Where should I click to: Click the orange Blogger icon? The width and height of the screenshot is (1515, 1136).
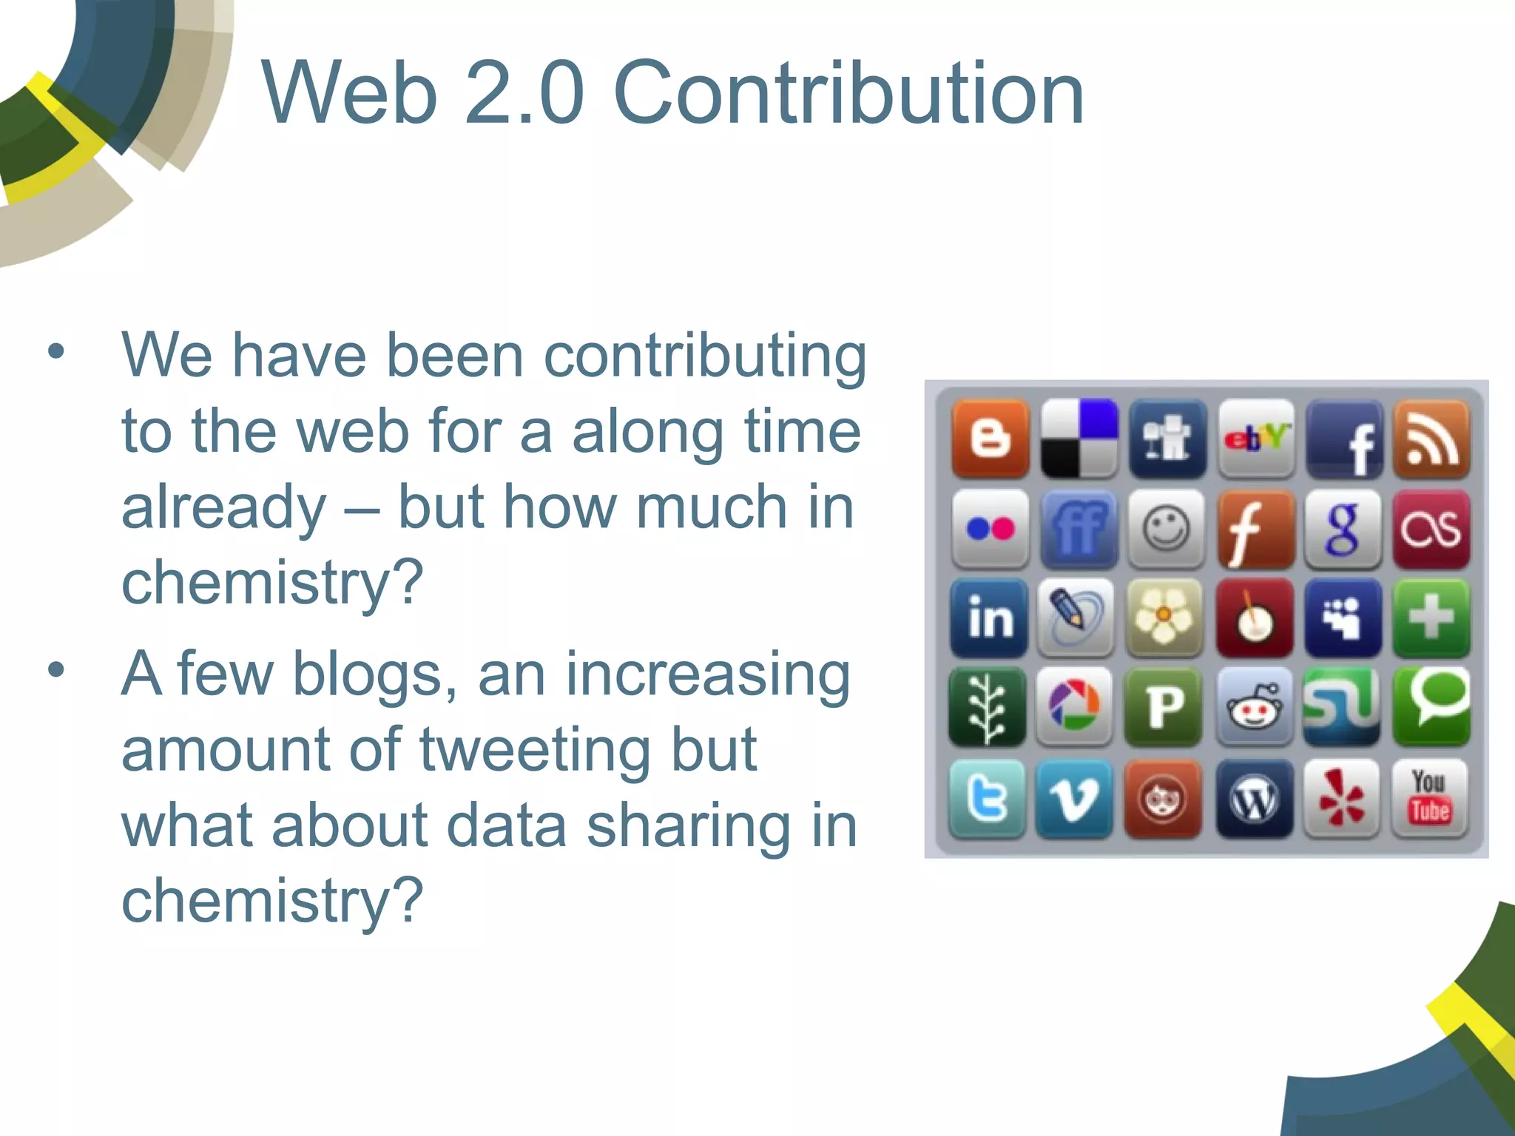click(x=991, y=439)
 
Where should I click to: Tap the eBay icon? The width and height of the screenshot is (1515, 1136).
click(x=1256, y=439)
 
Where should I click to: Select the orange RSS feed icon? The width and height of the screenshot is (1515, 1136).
click(x=1431, y=439)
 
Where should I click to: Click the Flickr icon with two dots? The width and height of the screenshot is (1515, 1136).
click(x=991, y=529)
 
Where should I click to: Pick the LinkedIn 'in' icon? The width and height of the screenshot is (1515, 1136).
click(x=989, y=618)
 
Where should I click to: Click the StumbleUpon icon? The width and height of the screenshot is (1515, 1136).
click(x=1342, y=706)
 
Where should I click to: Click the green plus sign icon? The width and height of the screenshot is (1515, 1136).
click(x=1431, y=618)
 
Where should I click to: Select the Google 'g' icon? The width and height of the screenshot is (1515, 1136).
click(x=1343, y=529)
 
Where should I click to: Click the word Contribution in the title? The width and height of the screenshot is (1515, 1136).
click(x=848, y=94)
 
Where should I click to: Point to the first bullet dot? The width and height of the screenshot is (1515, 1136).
click(x=56, y=352)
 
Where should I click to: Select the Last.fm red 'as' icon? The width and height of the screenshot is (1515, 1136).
click(x=1431, y=529)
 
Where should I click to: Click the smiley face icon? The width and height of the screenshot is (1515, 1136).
click(x=1167, y=529)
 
